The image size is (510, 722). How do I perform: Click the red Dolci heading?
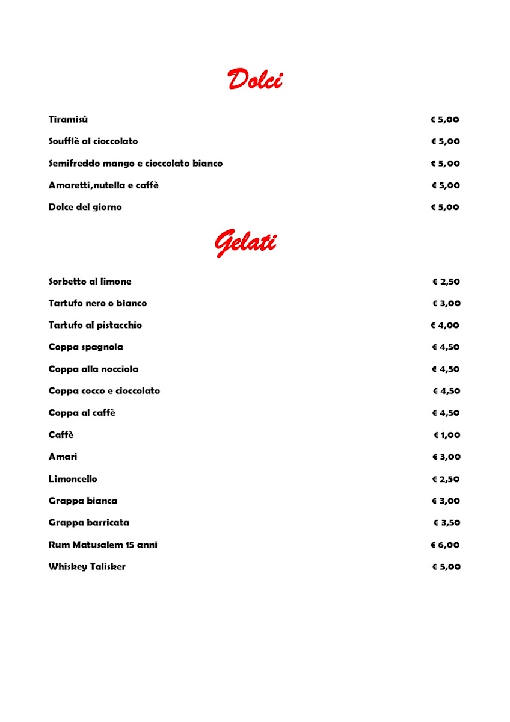click(255, 79)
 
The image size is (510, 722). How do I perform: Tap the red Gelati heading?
click(245, 242)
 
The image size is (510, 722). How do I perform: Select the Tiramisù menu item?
click(68, 120)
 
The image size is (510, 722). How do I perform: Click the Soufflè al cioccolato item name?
click(93, 141)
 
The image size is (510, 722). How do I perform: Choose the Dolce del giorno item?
click(85, 208)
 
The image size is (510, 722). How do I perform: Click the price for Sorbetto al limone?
click(446, 282)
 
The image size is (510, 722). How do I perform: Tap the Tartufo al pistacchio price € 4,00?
click(444, 326)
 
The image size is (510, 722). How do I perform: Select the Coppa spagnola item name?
click(85, 347)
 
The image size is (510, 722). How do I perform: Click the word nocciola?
click(120, 369)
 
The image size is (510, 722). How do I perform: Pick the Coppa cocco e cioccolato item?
click(104, 391)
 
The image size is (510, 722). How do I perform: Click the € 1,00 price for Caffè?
click(447, 435)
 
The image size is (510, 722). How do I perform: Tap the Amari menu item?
click(63, 457)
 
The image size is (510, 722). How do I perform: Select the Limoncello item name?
click(73, 479)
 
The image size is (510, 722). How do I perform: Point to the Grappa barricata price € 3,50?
click(447, 523)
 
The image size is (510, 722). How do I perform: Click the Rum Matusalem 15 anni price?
click(445, 545)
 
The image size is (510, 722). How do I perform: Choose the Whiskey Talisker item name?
click(87, 567)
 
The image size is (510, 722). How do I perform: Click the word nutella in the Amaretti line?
click(108, 185)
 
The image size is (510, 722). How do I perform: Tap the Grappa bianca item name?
click(82, 501)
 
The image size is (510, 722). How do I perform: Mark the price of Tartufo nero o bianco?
click(446, 304)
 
